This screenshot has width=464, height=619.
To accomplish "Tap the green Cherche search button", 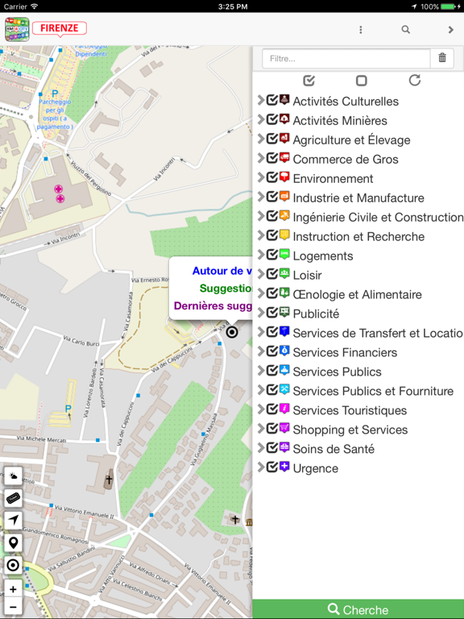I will (358, 609).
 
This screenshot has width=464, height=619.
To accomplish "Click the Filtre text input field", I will (346, 59).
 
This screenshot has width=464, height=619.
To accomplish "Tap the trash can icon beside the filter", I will (442, 58).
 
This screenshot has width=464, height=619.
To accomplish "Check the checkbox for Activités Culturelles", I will (272, 101).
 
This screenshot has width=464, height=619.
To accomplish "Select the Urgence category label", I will (315, 468).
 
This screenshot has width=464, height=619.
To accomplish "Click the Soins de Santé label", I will (333, 449).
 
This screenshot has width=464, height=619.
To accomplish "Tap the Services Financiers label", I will (344, 352).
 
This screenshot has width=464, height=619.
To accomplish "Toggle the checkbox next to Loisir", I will (272, 275).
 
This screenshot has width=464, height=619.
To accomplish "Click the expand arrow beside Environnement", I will (261, 178).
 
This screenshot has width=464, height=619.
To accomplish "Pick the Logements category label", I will (322, 255).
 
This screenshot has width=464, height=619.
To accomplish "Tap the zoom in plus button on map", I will (13, 589).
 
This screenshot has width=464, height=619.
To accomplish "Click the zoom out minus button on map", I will (13, 607).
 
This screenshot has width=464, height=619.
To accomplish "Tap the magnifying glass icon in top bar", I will (406, 30).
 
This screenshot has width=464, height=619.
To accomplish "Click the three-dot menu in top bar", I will (360, 30).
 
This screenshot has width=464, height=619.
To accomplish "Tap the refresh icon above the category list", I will (414, 81).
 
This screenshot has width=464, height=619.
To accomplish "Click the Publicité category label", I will (315, 314).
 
